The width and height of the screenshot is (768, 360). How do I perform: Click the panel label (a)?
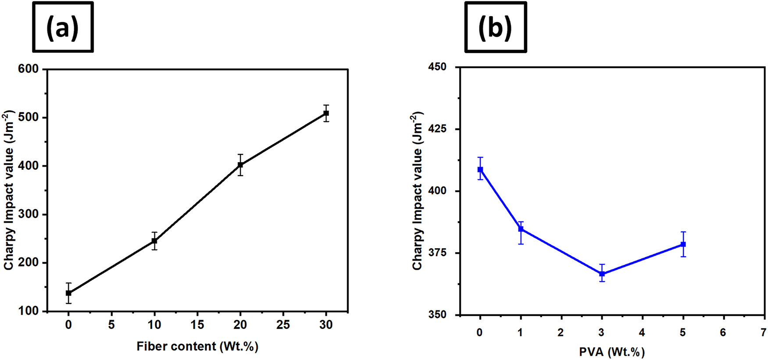coord(63,28)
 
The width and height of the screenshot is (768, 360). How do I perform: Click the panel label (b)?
coord(495,28)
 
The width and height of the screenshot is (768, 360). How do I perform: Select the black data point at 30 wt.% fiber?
coord(326,113)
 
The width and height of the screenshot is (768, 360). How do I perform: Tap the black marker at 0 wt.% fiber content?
coord(68,293)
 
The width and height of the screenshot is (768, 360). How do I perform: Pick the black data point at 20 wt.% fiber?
coord(240,165)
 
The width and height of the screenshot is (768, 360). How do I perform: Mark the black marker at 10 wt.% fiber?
coord(154,241)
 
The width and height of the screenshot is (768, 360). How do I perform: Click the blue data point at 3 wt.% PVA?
coord(602,274)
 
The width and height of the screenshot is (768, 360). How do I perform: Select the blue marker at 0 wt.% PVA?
coord(480,169)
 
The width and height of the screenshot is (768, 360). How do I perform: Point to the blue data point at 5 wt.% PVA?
coord(683,244)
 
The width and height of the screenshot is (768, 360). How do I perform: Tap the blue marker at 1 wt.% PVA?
coord(521,229)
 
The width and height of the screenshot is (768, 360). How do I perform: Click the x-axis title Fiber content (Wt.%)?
coord(197,346)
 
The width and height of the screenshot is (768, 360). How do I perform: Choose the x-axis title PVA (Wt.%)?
coord(612,352)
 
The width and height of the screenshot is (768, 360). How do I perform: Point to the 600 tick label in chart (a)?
coord(28,69)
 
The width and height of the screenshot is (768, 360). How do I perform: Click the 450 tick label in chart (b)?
coord(438,67)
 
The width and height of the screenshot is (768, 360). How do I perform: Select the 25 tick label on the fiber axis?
coord(283,325)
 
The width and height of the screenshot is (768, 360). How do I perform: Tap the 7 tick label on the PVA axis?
coord(764,333)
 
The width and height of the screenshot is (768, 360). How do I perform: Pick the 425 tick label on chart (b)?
coord(438,129)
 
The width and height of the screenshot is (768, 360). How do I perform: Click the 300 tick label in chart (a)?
coord(28,214)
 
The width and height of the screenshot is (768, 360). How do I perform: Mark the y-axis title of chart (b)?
coord(418,191)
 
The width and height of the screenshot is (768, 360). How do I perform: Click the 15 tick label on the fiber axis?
coord(197,325)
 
